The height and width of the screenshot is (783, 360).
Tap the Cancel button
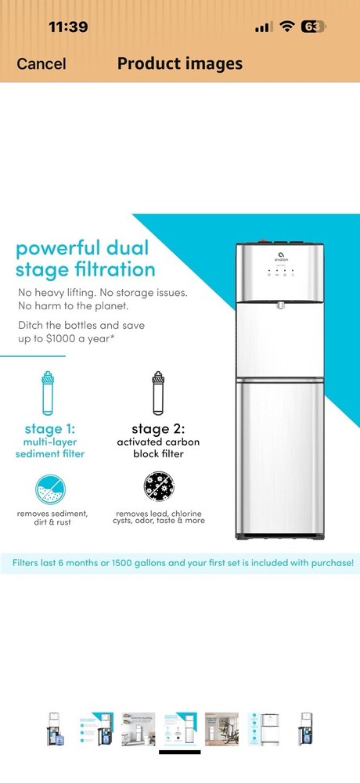[41, 64]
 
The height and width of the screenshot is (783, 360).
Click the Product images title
[180, 63]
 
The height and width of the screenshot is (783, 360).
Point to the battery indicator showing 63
[312, 27]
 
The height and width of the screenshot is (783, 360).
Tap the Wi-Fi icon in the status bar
[287, 27]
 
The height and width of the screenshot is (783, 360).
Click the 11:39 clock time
[68, 27]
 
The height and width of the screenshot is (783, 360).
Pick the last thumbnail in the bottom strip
[306, 729]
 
